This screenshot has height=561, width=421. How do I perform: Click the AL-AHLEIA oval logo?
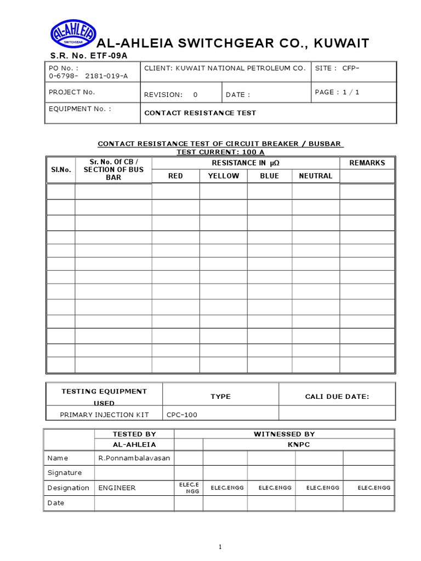(x=73, y=34)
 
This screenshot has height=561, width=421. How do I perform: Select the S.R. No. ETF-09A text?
(x=89, y=56)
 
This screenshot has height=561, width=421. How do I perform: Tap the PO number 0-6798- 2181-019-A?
(x=88, y=76)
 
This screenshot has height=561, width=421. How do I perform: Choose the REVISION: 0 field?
(x=170, y=95)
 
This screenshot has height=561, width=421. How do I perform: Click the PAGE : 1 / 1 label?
(x=337, y=92)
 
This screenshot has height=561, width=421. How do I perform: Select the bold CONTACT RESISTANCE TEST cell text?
(x=200, y=113)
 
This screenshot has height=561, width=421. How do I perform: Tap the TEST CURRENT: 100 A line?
(x=220, y=151)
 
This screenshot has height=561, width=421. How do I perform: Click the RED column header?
(x=175, y=176)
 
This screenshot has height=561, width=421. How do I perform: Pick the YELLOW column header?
(x=223, y=176)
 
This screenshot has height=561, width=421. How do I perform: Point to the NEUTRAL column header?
(x=315, y=176)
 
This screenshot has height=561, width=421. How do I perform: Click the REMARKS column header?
(x=367, y=163)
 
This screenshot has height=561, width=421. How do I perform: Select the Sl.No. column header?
(x=60, y=170)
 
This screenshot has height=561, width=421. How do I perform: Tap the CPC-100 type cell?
(x=181, y=415)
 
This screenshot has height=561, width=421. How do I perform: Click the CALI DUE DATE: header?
(x=337, y=396)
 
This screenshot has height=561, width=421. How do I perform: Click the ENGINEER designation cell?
(x=117, y=488)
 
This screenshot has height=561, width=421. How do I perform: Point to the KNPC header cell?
(x=299, y=444)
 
